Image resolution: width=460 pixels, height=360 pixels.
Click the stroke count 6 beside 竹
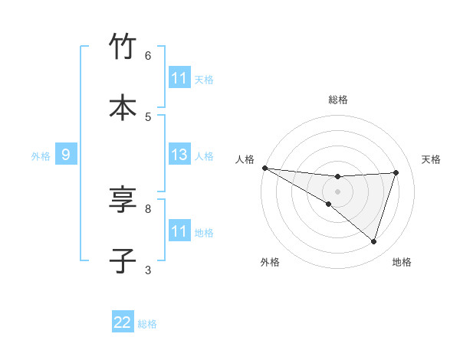[x=148, y=56]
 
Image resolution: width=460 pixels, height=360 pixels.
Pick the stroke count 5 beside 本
[x=148, y=116]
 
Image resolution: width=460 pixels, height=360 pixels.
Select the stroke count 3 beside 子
[x=148, y=270]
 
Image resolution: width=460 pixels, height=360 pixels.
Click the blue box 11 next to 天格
[x=179, y=78]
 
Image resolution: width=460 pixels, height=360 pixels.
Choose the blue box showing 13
[x=179, y=155]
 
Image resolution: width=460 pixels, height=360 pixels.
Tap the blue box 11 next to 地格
[x=179, y=231]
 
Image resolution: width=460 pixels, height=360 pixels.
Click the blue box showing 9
[x=66, y=155]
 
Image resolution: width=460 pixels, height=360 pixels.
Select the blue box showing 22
[x=123, y=322]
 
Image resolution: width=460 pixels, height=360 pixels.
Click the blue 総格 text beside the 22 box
[x=147, y=324]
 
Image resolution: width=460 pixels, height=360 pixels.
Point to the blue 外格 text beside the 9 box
[x=41, y=156]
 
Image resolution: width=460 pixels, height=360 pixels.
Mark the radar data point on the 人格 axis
[x=264, y=167]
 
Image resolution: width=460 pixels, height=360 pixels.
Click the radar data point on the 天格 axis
[x=396, y=172]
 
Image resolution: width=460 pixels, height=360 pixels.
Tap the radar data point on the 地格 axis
[x=374, y=241]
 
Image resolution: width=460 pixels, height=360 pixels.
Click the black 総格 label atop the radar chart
[x=338, y=100]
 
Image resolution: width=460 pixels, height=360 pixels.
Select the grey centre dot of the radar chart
[x=337, y=191]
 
